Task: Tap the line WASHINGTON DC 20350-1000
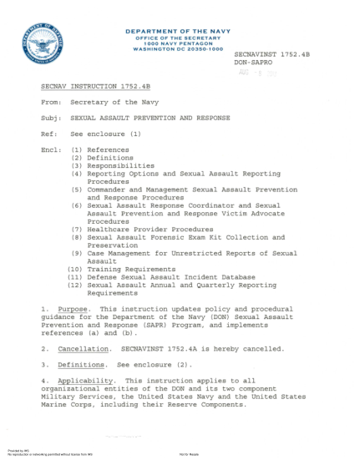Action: (x=175, y=48)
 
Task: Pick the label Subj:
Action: (x=50, y=118)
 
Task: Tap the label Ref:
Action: (x=48, y=134)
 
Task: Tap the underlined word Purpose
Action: (x=73, y=309)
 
